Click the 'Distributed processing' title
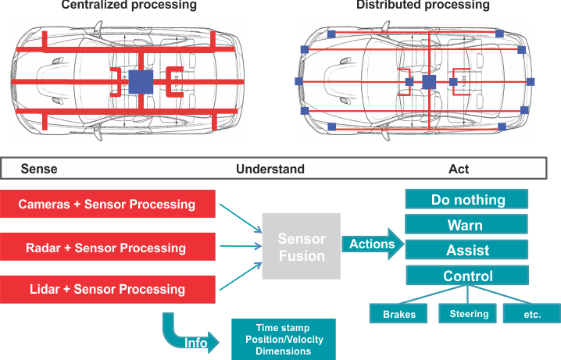[x=423, y=5]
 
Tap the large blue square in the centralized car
[x=141, y=82]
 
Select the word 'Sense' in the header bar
[x=39, y=169]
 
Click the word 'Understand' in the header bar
[x=270, y=169]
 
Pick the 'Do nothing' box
[x=468, y=200]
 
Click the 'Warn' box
[x=468, y=226]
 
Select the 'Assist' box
[x=468, y=251]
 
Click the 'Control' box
[x=468, y=276]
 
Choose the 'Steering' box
[x=469, y=314]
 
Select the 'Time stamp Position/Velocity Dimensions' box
[x=284, y=339]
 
